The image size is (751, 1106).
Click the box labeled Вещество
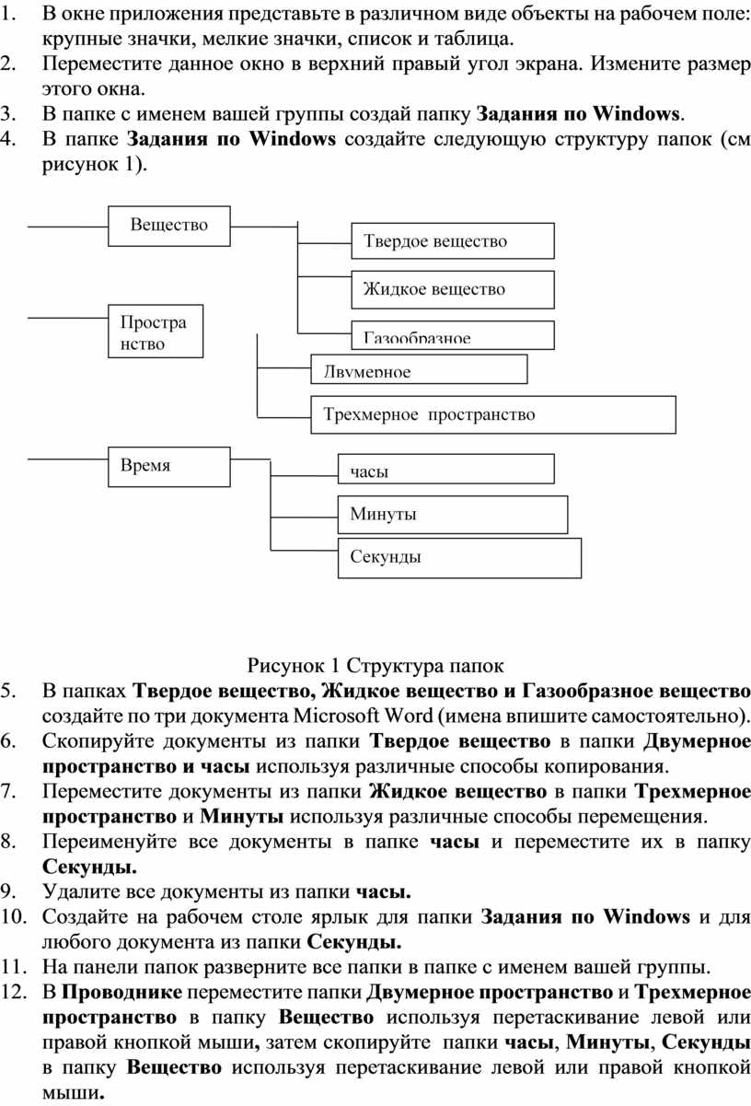coord(169,226)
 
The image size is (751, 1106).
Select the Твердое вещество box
coord(453,241)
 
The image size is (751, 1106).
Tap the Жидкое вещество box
coord(453,289)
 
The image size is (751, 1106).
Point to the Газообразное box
coord(453,334)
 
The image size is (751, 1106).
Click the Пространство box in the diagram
coord(156,332)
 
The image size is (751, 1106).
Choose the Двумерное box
coord(420,370)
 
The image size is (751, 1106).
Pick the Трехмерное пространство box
coord(493,414)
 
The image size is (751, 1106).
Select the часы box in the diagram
coord(445,469)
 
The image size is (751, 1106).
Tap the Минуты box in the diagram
coord(454,514)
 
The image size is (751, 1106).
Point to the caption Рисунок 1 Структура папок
coord(375,665)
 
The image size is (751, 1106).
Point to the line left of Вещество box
coord(69,225)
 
